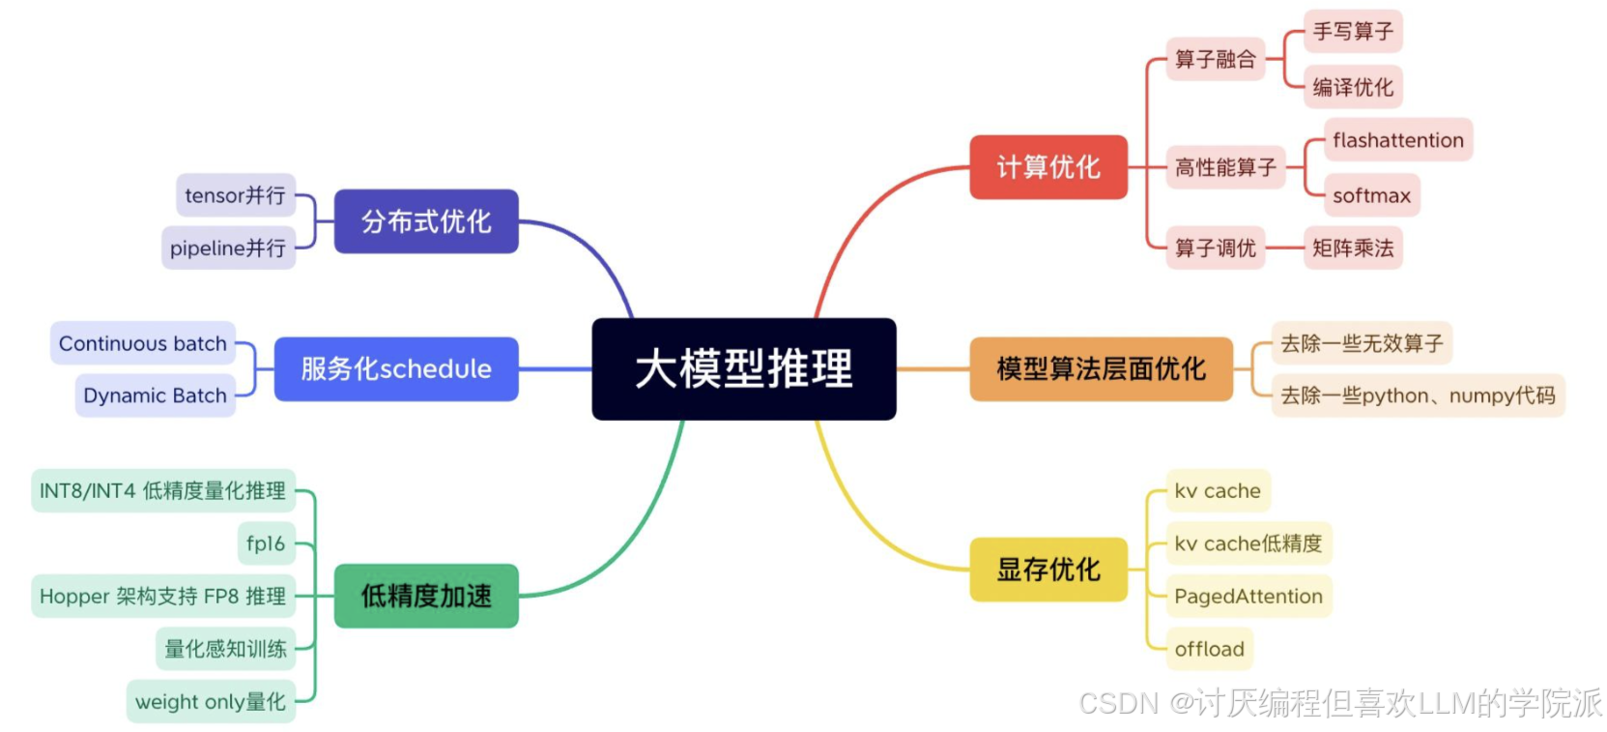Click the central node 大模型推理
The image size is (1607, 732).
coord(743,368)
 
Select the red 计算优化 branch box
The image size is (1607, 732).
coord(1048,167)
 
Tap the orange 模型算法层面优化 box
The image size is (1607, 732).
coord(1101,368)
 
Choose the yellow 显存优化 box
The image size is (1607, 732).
coord(1048,570)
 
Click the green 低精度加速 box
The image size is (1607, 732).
coord(426,596)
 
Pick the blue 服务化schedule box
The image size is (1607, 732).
coord(396,368)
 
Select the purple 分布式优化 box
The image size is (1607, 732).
coord(426,221)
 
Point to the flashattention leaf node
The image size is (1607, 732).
coord(1397,140)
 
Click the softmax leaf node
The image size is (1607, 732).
coord(1370,195)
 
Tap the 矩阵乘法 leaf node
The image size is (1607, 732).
coord(1352,249)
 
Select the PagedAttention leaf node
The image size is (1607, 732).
coord(1248,597)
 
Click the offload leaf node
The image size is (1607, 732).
coord(1209,649)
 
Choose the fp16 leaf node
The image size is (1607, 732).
coord(266,543)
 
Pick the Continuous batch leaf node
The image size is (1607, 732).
coord(143,343)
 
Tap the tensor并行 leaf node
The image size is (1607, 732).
coord(235,195)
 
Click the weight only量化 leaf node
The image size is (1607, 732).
coord(211,702)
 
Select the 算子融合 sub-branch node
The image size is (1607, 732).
coord(1215,59)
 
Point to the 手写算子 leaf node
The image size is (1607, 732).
coord(1352,32)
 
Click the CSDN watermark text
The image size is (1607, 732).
coord(1339,703)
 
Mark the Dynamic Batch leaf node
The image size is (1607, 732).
coord(155,395)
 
